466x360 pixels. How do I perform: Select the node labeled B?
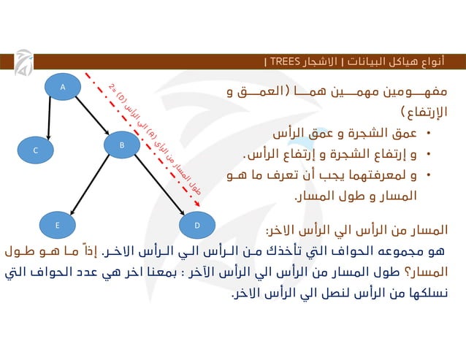click(122, 145)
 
